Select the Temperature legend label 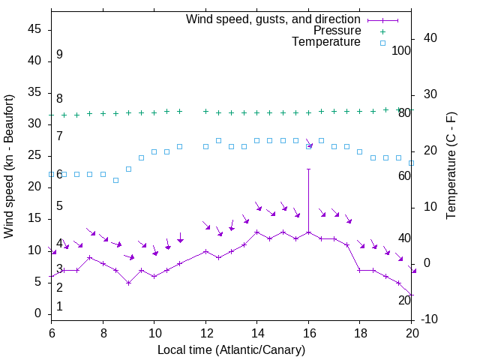pyautogui.click(x=326, y=43)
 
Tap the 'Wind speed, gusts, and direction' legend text pyautogui.click(x=274, y=19)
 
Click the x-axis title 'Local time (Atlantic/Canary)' pyautogui.click(x=232, y=350)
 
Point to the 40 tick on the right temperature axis pyautogui.click(x=424, y=38)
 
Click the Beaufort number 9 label pyautogui.click(x=59, y=55)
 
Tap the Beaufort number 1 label pyautogui.click(x=59, y=307)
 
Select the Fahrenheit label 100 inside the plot pyautogui.click(x=402, y=51)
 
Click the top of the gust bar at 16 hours pyautogui.click(x=308, y=169)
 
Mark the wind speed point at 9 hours pyautogui.click(x=129, y=283)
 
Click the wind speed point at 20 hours pyautogui.click(x=412, y=295)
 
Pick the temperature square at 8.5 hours pyautogui.click(x=115, y=180)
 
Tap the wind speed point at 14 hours pyautogui.click(x=257, y=232)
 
